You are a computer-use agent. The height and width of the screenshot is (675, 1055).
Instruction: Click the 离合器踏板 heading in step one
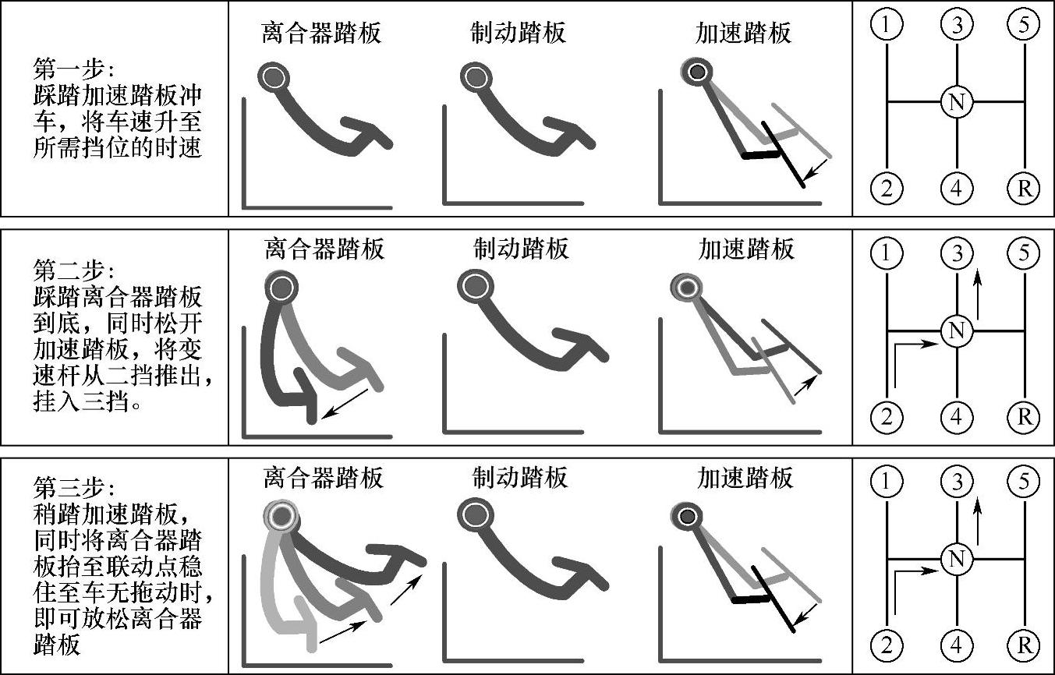[321, 33]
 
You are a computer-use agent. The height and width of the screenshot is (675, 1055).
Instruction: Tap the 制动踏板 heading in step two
[521, 249]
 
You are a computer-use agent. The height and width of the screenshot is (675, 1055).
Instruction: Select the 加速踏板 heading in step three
[745, 478]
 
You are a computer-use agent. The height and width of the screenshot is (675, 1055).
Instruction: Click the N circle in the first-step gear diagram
[957, 101]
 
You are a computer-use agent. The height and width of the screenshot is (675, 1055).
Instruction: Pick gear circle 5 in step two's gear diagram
[1024, 253]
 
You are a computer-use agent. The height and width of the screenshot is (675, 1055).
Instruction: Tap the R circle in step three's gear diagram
[1024, 645]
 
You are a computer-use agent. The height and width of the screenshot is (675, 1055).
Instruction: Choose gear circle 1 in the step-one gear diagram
[887, 24]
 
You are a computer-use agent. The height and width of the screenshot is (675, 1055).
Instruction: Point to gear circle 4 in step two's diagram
[957, 417]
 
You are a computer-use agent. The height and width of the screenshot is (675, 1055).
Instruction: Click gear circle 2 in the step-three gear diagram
[887, 645]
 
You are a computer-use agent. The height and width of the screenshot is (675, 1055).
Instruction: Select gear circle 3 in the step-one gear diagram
[957, 24]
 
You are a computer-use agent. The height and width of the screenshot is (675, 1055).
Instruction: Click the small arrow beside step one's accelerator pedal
[816, 170]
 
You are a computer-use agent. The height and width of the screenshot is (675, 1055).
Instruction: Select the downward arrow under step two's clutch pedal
[345, 404]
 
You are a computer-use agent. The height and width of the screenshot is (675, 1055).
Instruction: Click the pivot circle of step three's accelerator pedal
[686, 516]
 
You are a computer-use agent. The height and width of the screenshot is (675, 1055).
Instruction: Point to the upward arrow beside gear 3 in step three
[978, 521]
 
